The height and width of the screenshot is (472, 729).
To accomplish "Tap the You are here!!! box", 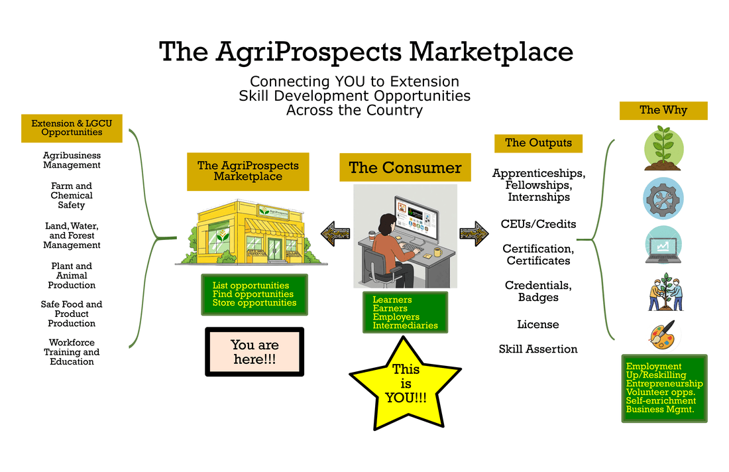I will (x=254, y=352).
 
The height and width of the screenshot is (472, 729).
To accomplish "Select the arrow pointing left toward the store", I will (x=335, y=234).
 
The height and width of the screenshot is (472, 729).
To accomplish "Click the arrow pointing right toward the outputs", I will (x=474, y=234).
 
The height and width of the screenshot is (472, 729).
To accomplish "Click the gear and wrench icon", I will (x=663, y=198).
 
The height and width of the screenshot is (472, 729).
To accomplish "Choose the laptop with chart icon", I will (x=663, y=245).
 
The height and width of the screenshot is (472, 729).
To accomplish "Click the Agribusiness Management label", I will (x=72, y=160).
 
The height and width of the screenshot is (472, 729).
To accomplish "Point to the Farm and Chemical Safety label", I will (x=72, y=196).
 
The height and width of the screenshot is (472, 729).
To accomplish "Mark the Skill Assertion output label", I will (x=538, y=349).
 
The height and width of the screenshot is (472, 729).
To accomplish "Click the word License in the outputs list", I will (x=538, y=325).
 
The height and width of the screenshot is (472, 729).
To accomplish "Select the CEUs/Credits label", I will (x=538, y=224).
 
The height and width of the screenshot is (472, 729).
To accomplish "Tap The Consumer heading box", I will (x=405, y=168).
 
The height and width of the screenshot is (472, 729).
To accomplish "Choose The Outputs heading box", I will (x=538, y=143).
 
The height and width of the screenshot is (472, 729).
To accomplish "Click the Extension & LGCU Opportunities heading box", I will (x=72, y=128).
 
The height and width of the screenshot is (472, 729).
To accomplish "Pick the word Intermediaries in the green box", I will (x=405, y=325).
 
